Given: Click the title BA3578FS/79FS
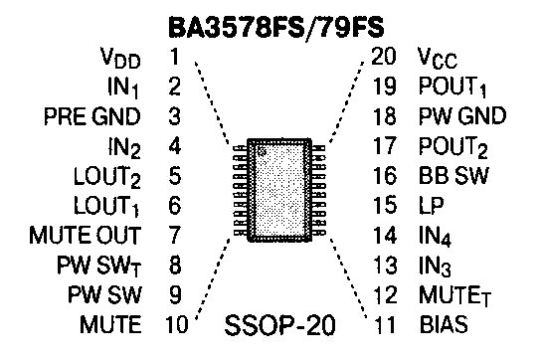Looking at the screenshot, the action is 276,28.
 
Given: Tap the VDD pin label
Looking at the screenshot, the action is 120,58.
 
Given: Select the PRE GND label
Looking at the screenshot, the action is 91,116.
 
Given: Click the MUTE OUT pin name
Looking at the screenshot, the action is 86,236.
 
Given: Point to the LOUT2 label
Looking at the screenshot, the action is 107,177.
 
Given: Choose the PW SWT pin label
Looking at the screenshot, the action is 99,267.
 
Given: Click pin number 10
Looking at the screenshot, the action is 177,324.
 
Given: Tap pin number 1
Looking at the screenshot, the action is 175,57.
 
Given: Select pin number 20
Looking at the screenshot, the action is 383,56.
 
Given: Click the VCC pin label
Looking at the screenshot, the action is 438,58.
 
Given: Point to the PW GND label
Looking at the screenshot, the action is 462,116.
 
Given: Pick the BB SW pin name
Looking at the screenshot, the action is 453,175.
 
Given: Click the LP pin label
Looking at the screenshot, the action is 432,206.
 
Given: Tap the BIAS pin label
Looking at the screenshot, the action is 444,324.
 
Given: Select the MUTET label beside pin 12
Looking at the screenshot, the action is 455,296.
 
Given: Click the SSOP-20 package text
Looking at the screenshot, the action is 280,325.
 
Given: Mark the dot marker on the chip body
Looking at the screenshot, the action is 262,150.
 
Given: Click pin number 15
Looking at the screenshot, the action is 385,205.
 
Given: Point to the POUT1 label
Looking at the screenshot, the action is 452,87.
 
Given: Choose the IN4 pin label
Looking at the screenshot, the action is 435,237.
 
